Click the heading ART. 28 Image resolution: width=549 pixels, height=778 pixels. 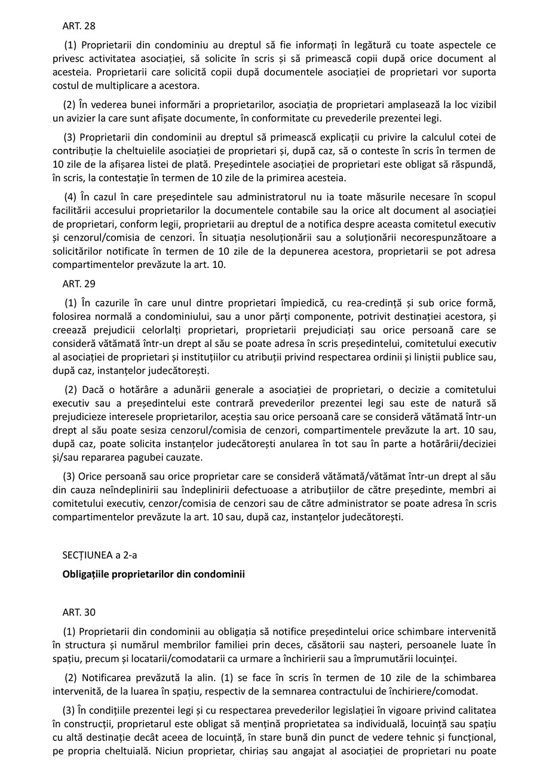[x=79, y=26]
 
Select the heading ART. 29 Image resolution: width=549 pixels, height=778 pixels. [x=79, y=284]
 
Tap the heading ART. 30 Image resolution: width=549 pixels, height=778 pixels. [x=79, y=612]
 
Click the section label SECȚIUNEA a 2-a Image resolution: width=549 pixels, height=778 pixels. [x=100, y=555]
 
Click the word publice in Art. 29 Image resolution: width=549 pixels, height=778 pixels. [x=461, y=357]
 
